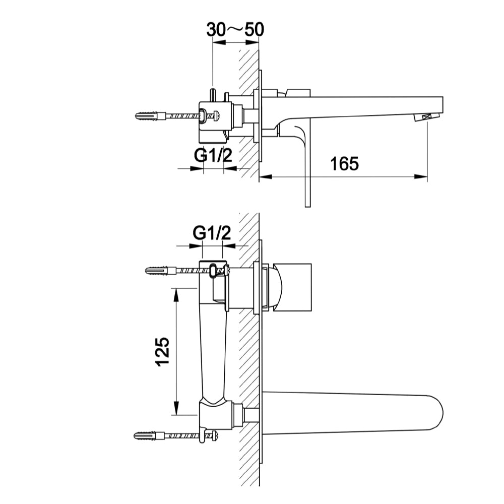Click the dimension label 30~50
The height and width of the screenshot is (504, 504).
235,30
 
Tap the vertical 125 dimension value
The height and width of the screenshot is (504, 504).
163,351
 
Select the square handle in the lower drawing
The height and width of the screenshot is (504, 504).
294,286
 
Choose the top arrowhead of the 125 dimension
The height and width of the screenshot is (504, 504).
176,293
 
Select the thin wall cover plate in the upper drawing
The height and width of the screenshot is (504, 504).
261,116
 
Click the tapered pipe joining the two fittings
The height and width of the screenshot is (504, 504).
212,353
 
